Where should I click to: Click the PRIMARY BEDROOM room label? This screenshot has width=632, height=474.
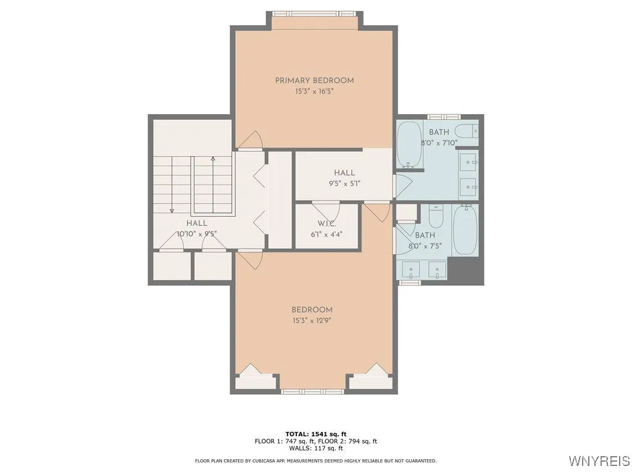pos(314,81)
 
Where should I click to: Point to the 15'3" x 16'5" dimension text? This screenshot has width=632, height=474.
pos(314,91)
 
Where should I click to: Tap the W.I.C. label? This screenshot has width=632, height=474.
pos(326,223)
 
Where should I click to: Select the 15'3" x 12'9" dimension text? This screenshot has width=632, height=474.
pos(312,321)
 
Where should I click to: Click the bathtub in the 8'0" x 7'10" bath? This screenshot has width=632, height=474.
pos(409,144)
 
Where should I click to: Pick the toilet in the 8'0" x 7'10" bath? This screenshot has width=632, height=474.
pos(467,131)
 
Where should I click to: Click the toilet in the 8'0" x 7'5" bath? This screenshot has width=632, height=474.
pos(435,216)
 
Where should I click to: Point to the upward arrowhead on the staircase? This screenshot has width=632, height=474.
pos(213,158)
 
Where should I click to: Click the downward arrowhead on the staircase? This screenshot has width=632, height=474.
pos(172,210)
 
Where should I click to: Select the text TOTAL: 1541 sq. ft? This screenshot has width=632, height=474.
pos(316,434)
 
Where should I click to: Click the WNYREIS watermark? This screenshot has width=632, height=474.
pos(599,460)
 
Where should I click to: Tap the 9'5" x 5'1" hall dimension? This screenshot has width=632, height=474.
pos(344,184)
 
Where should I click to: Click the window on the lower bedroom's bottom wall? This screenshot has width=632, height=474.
pos(312,391)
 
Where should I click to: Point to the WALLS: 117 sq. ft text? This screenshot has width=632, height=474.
pos(316,448)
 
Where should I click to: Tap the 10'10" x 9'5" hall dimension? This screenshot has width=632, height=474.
pos(197,234)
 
